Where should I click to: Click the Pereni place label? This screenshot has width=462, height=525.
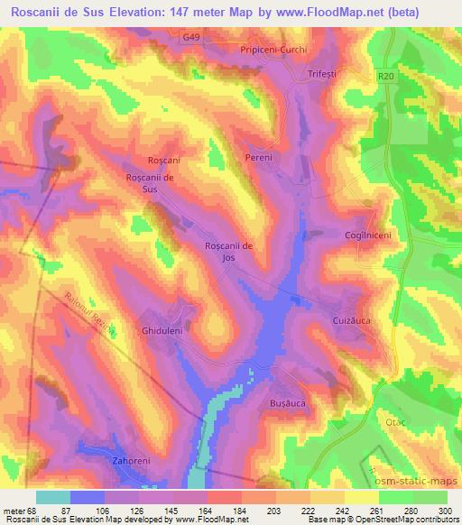tap(258, 158)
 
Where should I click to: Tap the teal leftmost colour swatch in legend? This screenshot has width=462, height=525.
tap(53, 497)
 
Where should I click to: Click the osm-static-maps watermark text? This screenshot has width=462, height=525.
tap(416, 478)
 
